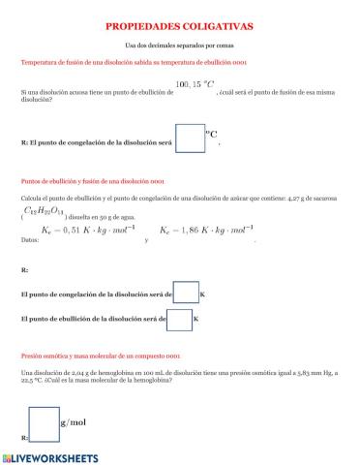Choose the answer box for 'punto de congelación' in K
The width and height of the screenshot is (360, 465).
click(x=186, y=294)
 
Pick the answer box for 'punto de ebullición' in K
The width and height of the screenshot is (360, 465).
click(x=180, y=317)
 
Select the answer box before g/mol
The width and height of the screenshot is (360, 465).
click(x=43, y=422)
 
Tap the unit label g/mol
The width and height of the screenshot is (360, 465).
click(x=74, y=422)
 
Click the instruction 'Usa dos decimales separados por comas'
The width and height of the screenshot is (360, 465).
click(x=180, y=46)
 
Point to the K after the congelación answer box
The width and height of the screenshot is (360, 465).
click(x=202, y=294)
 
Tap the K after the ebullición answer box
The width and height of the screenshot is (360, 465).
click(x=196, y=317)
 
